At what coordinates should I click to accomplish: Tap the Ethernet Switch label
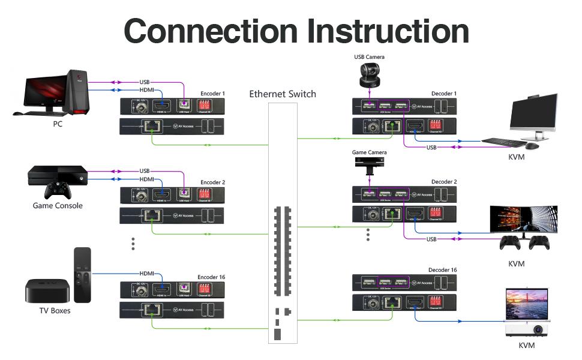(283, 94)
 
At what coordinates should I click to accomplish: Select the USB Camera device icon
(369, 75)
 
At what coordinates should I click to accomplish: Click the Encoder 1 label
(213, 94)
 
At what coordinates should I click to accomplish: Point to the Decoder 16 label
(443, 270)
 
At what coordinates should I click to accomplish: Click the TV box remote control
(82, 275)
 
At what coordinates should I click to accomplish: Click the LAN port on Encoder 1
(153, 126)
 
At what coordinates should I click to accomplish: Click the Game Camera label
(369, 153)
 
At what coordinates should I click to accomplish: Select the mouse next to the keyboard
(532, 145)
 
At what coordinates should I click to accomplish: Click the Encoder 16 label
(211, 277)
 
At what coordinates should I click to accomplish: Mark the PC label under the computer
(57, 124)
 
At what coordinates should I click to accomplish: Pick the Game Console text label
(58, 206)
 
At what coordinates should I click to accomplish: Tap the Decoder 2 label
(444, 182)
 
